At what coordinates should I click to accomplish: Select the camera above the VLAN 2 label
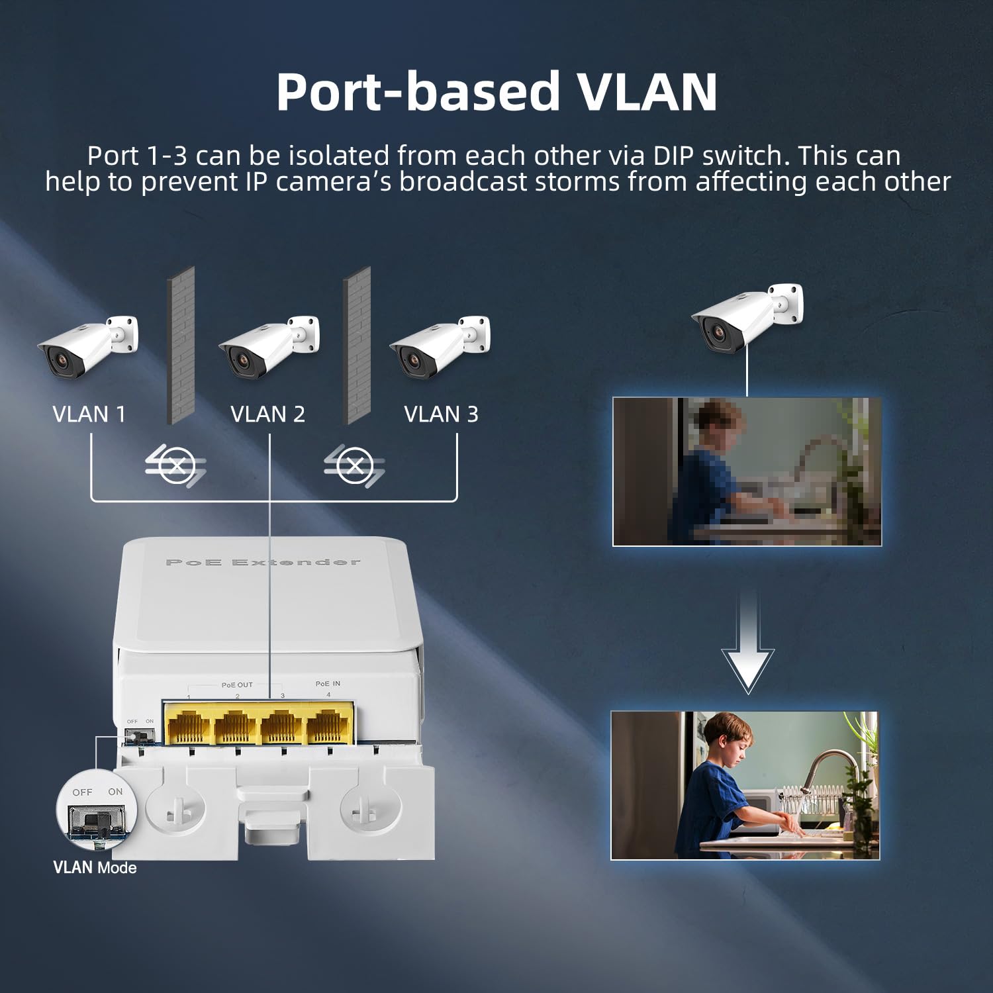(x=268, y=346)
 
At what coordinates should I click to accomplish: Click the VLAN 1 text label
(x=89, y=414)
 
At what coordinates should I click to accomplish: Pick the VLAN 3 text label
(x=441, y=414)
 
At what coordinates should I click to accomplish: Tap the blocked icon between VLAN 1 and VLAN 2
(x=176, y=466)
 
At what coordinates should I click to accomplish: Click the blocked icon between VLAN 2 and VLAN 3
(x=355, y=466)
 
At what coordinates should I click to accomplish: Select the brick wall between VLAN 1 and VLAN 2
(x=180, y=346)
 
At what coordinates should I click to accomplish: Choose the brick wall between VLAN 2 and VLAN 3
(x=357, y=346)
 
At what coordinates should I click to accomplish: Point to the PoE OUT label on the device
(x=237, y=685)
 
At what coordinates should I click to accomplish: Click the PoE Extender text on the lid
(x=262, y=563)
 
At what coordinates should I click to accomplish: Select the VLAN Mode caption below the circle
(x=95, y=868)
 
